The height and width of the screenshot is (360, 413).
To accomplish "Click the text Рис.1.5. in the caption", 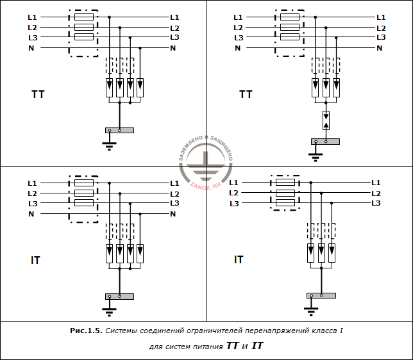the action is [x=86, y=331].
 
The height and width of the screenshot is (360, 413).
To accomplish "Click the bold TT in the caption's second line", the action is [x=232, y=346].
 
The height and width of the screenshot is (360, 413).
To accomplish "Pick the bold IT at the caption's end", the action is [x=257, y=346].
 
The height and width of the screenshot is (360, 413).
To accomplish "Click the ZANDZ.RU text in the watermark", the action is [x=205, y=185].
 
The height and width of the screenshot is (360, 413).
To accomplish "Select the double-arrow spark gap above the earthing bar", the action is [x=326, y=120].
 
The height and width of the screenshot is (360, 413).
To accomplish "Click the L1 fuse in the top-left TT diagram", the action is [x=84, y=17].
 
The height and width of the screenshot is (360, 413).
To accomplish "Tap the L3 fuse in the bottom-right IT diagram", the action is [x=285, y=203].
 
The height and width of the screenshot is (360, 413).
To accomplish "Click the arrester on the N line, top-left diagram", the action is [x=140, y=88].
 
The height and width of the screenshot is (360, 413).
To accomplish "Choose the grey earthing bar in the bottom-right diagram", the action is [x=321, y=295].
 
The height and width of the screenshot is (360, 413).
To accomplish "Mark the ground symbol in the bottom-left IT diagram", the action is [x=109, y=311].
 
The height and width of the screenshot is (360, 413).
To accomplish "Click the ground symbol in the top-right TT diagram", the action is [x=316, y=157].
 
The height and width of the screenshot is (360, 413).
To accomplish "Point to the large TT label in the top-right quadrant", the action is [x=246, y=94].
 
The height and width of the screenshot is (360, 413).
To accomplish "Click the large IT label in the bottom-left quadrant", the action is [x=35, y=260].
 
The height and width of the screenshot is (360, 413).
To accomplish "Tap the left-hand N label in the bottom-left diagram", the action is [x=31, y=214].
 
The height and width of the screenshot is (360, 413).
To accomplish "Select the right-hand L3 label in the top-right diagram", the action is [x=381, y=37].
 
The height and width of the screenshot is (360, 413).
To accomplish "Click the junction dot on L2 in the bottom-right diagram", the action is [x=321, y=193].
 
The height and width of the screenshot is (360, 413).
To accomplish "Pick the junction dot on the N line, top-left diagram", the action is [x=140, y=48].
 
